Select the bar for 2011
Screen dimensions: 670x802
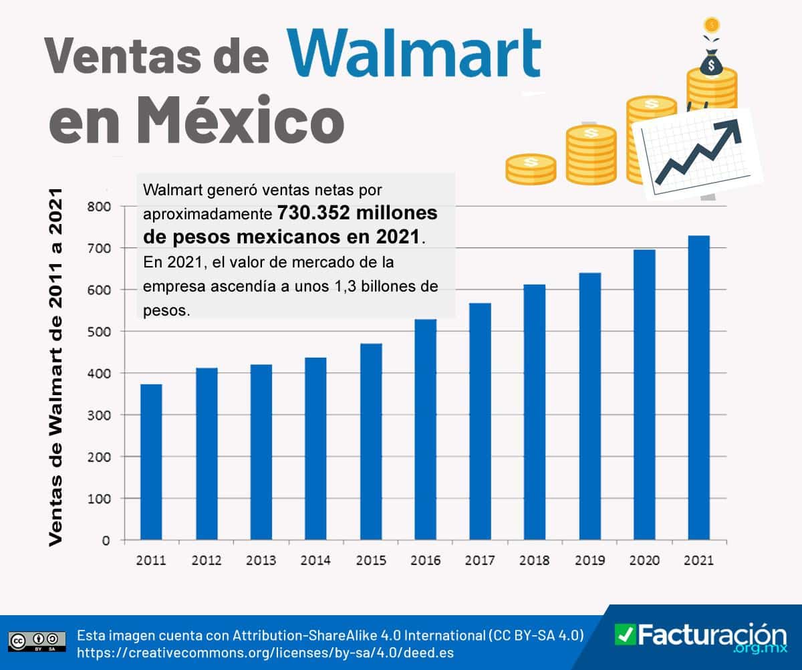[151, 461]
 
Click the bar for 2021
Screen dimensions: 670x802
[699, 387]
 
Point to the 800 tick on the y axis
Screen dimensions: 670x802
[98, 207]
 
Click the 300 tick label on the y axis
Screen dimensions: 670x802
[98, 415]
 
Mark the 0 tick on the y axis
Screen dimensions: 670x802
[105, 540]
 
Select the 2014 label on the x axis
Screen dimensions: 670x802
[315, 560]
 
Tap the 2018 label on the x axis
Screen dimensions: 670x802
[535, 560]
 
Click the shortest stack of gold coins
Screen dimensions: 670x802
[531, 169]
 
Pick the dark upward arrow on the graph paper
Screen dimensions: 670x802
[700, 151]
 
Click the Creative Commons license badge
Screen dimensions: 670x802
[37, 640]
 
